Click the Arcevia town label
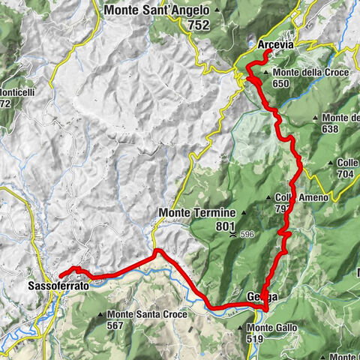point(275,46)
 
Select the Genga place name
point(262,297)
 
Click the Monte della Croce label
point(303,73)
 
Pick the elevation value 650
point(282,84)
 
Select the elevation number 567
point(116,325)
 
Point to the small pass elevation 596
point(251,235)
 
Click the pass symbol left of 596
point(238,235)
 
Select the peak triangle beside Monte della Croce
point(267,73)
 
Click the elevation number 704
point(346,174)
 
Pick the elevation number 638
point(331,128)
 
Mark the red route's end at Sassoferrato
point(59,274)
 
